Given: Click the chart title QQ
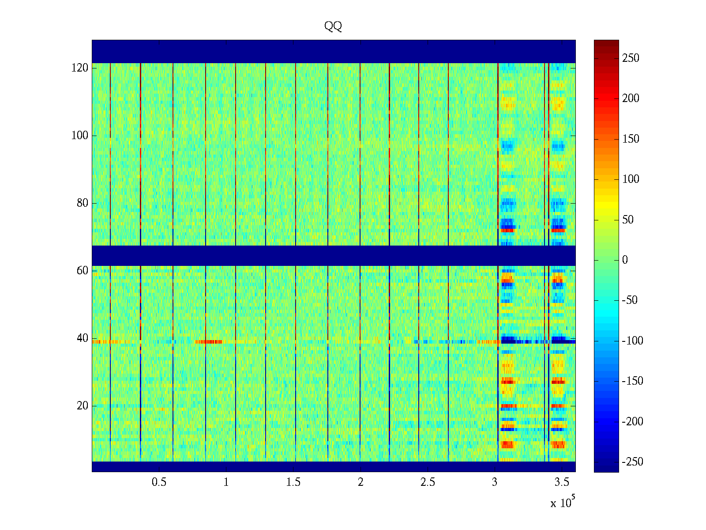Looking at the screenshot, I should (x=333, y=26).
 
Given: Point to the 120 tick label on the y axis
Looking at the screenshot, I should (x=80, y=68).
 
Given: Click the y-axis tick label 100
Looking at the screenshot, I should (x=80, y=136).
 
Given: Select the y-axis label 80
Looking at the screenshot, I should (x=83, y=203).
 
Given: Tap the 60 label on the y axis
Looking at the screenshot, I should (x=83, y=271).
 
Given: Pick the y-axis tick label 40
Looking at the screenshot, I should (x=83, y=338).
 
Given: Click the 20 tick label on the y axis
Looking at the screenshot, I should (x=83, y=406).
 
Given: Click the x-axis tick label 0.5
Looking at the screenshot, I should (x=159, y=482).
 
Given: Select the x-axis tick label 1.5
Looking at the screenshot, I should (x=293, y=482).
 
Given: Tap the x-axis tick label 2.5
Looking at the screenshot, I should (x=428, y=482).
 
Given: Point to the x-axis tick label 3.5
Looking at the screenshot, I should (x=562, y=482).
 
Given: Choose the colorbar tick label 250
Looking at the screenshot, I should (x=631, y=58).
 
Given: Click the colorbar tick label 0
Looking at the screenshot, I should (x=625, y=260).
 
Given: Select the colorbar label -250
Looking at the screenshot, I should (x=632, y=462).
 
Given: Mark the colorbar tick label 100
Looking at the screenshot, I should (x=631, y=179).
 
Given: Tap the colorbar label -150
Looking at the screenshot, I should (x=632, y=381).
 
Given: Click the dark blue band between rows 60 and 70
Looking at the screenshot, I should (x=334, y=255).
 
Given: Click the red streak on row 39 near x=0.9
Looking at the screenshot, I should (x=208, y=342).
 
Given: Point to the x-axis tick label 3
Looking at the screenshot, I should (x=495, y=482).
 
